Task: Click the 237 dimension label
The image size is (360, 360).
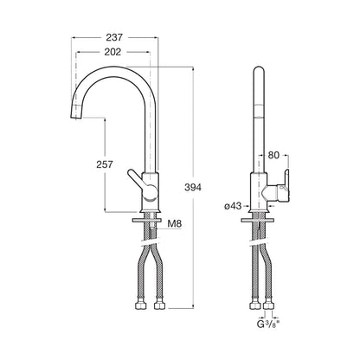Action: point(114,37)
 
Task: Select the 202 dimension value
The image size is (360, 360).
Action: point(112,52)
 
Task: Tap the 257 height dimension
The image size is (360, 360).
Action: point(105,164)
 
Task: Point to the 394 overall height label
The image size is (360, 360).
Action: point(193,188)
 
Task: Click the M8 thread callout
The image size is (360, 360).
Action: point(175,223)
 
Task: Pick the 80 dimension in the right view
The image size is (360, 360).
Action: point(273,155)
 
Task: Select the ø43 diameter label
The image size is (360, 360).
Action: point(233,206)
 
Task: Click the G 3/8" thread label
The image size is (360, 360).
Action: point(268,325)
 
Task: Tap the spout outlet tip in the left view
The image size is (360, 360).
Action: point(75,115)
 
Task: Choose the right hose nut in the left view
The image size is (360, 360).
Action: point(158,305)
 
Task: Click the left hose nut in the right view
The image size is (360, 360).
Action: point(254,305)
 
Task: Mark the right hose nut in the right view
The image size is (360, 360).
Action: point(269,305)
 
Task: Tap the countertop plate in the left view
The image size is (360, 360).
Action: point(146,220)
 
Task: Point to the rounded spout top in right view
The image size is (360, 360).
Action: point(259,71)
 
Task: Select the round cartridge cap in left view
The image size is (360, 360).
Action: point(151,192)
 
